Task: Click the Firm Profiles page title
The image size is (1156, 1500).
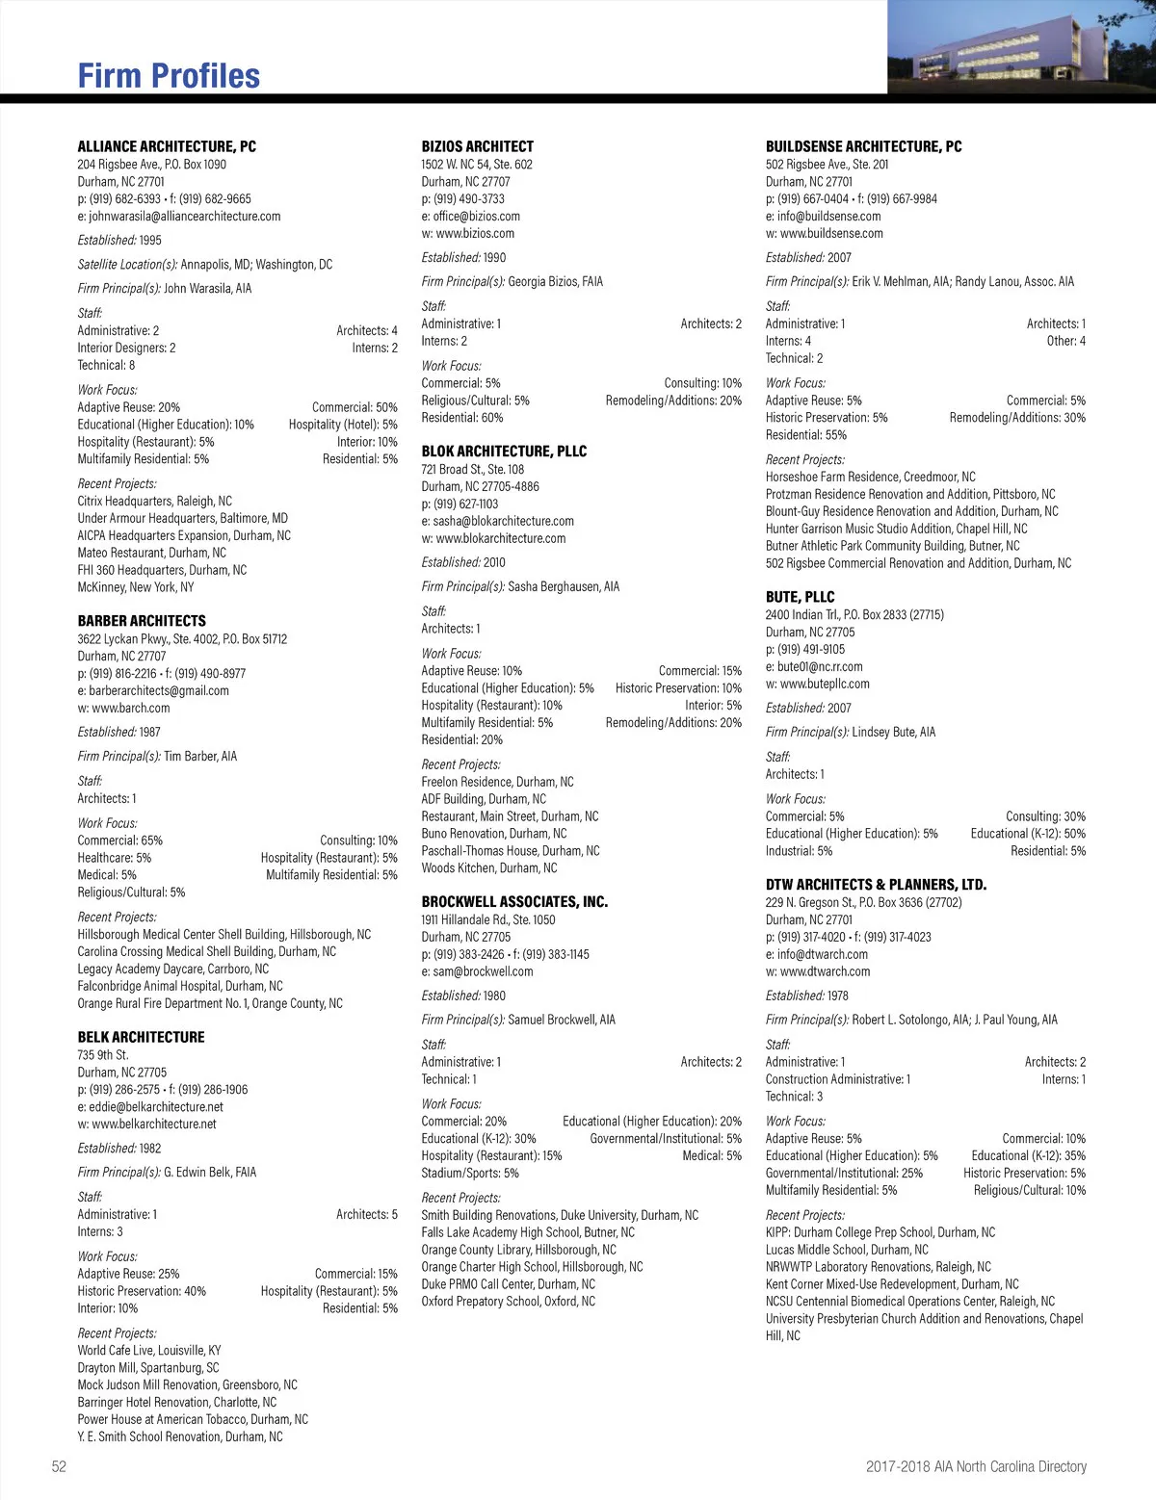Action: [169, 76]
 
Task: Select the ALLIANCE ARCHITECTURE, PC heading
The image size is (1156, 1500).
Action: [167, 146]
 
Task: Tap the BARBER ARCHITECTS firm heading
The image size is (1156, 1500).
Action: [142, 621]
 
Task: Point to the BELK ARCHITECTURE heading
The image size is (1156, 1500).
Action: [141, 1037]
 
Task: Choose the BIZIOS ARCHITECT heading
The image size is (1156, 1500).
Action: [477, 146]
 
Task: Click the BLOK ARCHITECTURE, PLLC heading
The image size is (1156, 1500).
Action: [504, 451]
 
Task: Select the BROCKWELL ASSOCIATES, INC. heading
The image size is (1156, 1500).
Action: [514, 902]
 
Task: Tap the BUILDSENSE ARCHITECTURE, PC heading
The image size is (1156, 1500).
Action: [863, 146]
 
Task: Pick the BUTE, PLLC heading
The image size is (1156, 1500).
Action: [800, 597]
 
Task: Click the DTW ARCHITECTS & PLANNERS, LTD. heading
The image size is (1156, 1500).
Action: [876, 885]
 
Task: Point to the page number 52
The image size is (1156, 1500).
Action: [60, 1466]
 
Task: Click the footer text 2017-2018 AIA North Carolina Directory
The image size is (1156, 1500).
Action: [976, 1466]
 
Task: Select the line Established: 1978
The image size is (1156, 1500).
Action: [807, 996]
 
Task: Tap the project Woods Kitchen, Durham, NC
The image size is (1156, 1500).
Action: [489, 868]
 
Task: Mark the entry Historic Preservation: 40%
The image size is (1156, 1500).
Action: [142, 1291]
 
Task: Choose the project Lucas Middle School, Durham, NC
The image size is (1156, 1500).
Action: [847, 1250]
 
